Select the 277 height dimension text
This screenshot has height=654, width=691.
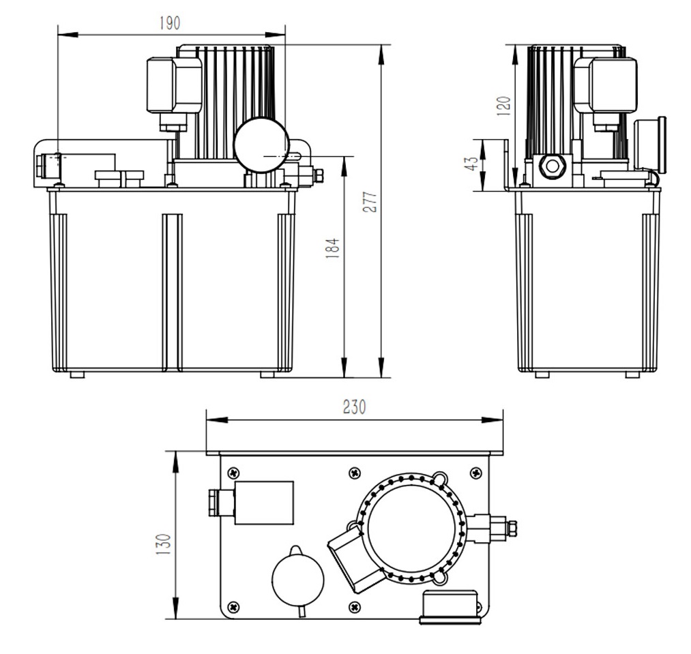pos(370,202)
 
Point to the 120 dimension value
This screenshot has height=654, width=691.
pos(503,106)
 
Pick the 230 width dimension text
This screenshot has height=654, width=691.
pos(354,407)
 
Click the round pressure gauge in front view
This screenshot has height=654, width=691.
pos(261,145)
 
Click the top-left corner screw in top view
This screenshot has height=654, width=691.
pos(234,472)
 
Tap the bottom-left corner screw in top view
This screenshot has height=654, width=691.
pos(234,606)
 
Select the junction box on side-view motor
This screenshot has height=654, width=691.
pos(606,85)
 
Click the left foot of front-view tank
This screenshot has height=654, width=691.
pos(77,374)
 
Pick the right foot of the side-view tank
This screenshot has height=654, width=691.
pos(632,374)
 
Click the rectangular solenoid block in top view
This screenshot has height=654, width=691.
pos(263,503)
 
